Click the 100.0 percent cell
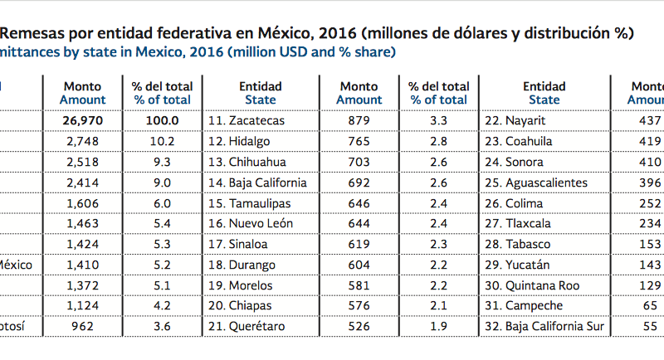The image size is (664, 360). (x=162, y=120)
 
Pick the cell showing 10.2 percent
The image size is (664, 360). (x=162, y=141)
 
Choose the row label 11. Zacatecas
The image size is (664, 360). (x=246, y=120)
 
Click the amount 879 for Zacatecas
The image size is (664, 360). (x=359, y=120)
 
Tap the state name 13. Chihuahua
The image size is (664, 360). (x=247, y=162)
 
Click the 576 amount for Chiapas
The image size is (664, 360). (x=359, y=306)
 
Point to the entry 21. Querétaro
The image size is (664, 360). (x=246, y=327)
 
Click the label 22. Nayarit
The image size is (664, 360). (x=520, y=120)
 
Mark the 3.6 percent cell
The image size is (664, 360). (x=162, y=327)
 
